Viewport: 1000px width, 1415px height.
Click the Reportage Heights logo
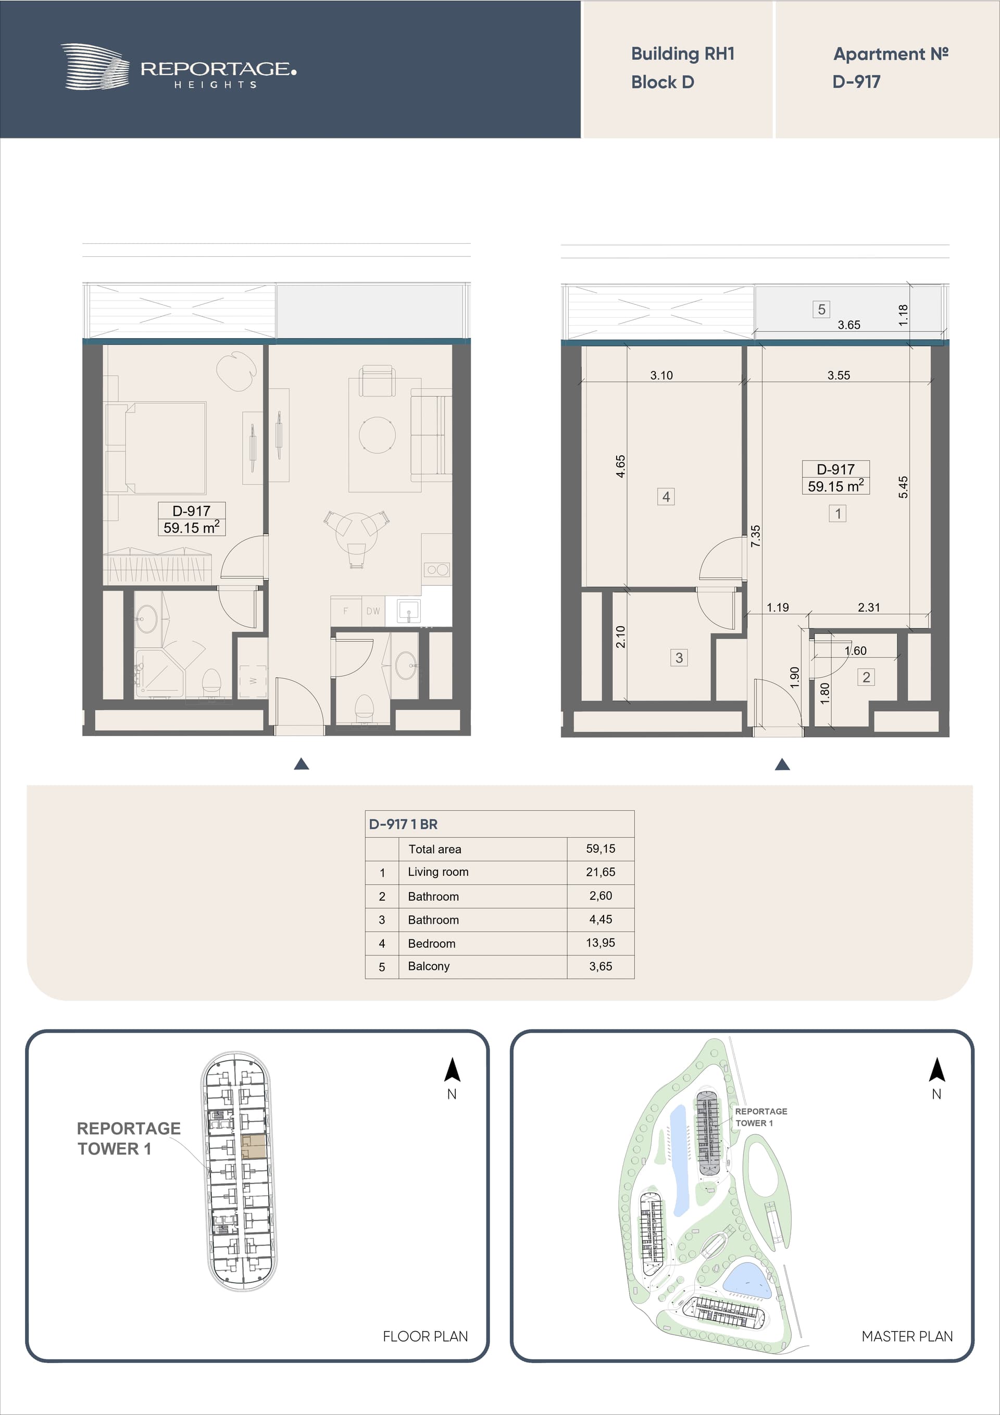tap(178, 67)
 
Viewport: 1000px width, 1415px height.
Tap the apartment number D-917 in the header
tap(856, 81)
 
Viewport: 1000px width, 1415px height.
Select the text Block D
tap(662, 82)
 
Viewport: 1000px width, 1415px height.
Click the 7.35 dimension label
tap(755, 536)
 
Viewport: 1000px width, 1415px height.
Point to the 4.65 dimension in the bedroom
tap(620, 466)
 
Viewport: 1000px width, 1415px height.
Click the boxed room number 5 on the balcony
tap(821, 309)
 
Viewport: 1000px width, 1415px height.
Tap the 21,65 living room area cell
tap(600, 872)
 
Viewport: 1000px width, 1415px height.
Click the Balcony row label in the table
tap(428, 966)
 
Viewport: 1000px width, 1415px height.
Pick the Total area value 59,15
tap(600, 849)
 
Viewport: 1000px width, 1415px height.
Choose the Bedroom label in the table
tap(431, 944)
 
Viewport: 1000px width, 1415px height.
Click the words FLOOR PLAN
tap(425, 1336)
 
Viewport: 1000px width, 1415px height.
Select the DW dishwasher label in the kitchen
tap(373, 611)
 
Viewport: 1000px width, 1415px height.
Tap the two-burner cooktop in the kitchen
tap(438, 569)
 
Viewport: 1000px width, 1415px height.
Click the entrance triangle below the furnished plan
tap(301, 764)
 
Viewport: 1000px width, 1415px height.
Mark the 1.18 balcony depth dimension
tap(903, 315)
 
